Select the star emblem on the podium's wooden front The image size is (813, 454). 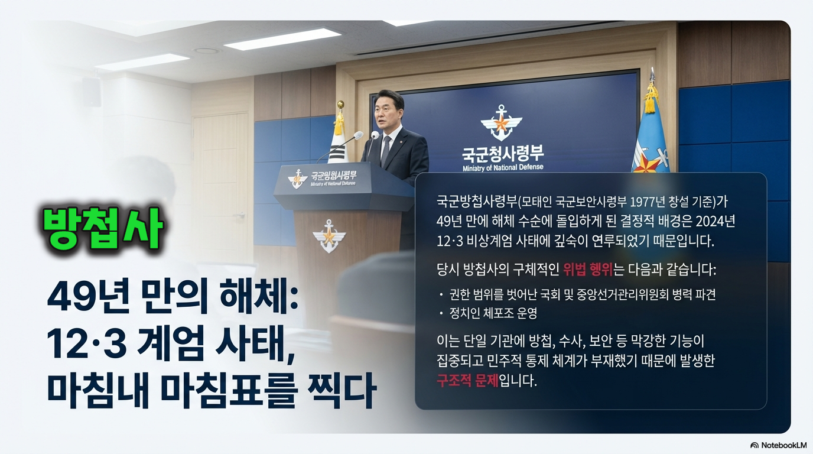tap(329, 235)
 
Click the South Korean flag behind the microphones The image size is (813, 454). tap(339, 142)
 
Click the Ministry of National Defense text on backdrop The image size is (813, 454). tap(503, 168)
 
